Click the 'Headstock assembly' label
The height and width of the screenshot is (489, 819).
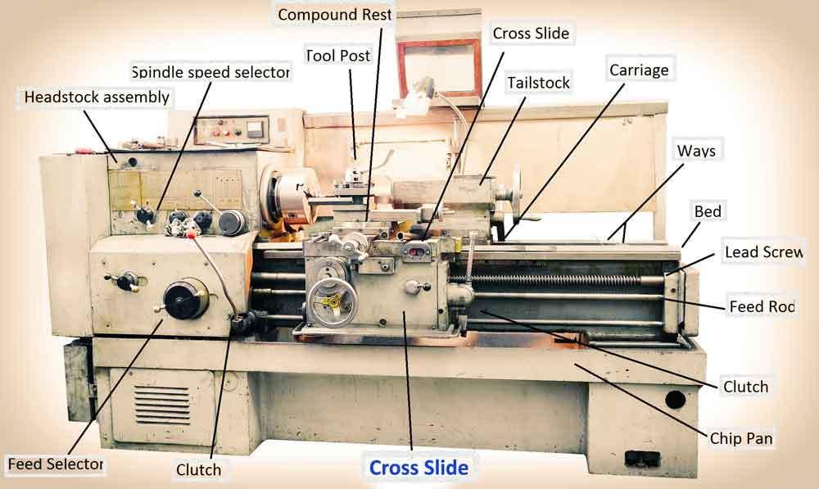coord(97,97)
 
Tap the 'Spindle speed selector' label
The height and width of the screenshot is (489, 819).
coord(210,72)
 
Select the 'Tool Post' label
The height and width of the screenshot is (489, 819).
coord(338,56)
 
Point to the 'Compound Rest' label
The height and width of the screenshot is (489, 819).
coord(336,15)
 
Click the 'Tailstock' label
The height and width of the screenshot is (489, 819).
coord(538,83)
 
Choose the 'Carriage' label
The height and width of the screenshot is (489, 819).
coord(639,70)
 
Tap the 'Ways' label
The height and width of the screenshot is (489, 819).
coord(696,151)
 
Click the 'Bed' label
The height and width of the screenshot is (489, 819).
coord(708,211)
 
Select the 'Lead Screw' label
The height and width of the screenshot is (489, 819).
coord(763,252)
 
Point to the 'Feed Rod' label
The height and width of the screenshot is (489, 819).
coord(762,306)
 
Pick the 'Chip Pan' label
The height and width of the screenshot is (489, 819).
coord(741,439)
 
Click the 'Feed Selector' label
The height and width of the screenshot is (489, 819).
coord(56,464)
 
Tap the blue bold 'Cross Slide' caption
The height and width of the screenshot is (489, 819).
coord(419,468)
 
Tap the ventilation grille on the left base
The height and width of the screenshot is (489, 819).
coord(161,401)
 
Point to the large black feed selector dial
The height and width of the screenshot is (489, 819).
coord(186,299)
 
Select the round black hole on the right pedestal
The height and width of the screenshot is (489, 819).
coord(675,399)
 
